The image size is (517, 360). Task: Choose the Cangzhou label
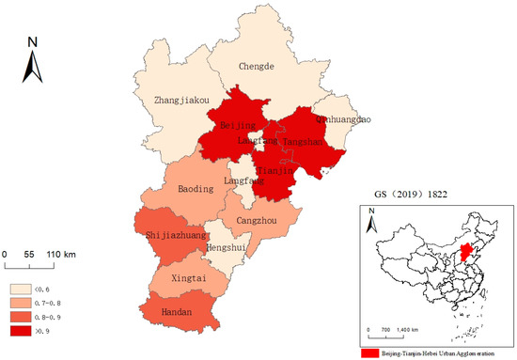pyautogui.click(x=256, y=220)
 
